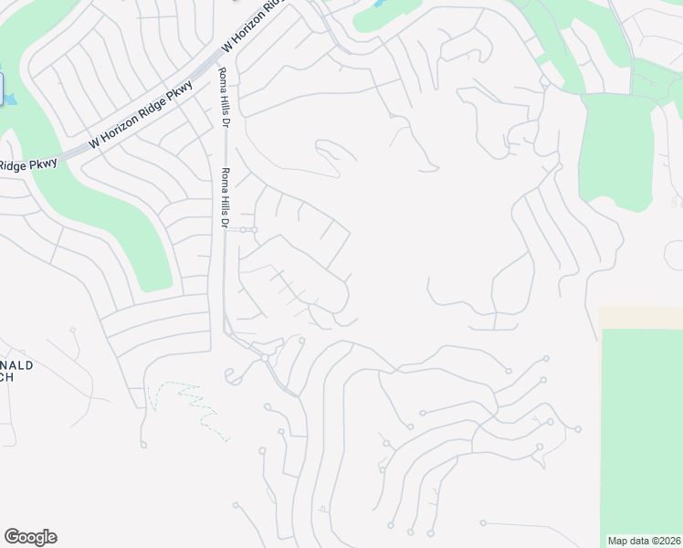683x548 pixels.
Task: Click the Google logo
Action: [30, 537]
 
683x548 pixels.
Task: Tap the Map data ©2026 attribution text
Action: [644, 541]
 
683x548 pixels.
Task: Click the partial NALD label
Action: [17, 364]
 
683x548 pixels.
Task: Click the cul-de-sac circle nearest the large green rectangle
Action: [578, 429]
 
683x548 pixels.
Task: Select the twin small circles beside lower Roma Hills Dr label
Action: [249, 230]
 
